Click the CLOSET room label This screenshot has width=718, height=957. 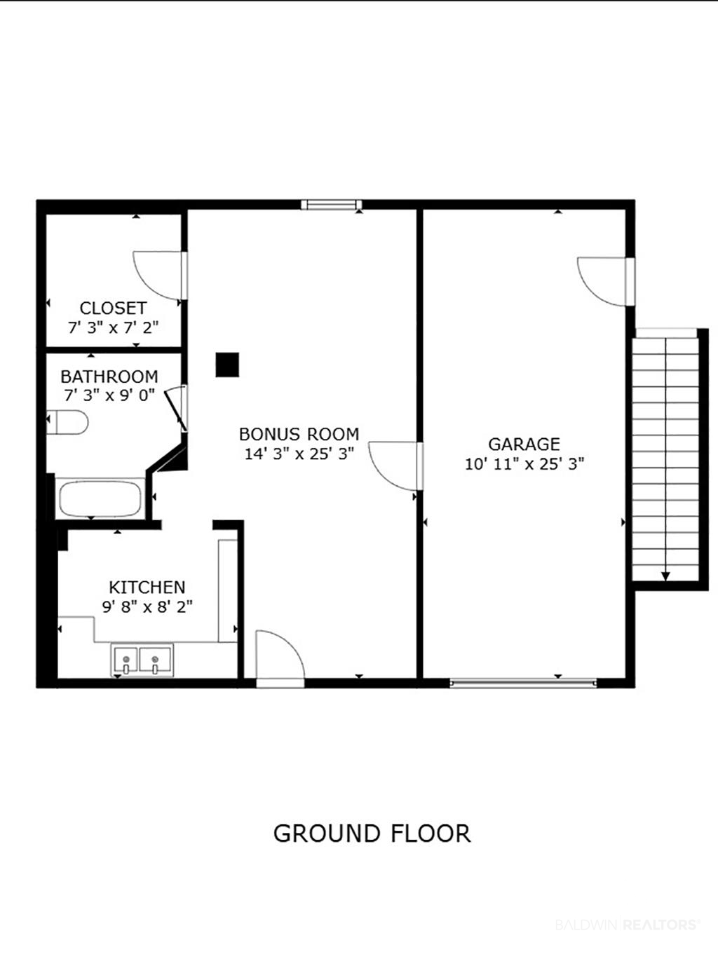click(x=113, y=308)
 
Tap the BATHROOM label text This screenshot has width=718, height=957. click(x=109, y=376)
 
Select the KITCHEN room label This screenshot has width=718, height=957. click(x=147, y=588)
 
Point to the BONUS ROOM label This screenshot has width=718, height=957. click(x=299, y=434)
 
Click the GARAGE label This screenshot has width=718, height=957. click(x=524, y=444)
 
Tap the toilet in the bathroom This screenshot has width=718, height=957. click(x=67, y=422)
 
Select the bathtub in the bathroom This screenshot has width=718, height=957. click(x=100, y=498)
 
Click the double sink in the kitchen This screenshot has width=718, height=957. click(x=142, y=660)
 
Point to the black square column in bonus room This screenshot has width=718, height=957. click(x=227, y=365)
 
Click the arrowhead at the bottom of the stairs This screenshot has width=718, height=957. click(x=665, y=577)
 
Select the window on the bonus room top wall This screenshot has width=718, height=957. click(x=332, y=204)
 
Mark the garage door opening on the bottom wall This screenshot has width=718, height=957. click(x=523, y=683)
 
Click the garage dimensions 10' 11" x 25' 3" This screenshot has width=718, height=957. click(x=524, y=464)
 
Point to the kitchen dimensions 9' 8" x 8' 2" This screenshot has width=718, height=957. click(x=147, y=606)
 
